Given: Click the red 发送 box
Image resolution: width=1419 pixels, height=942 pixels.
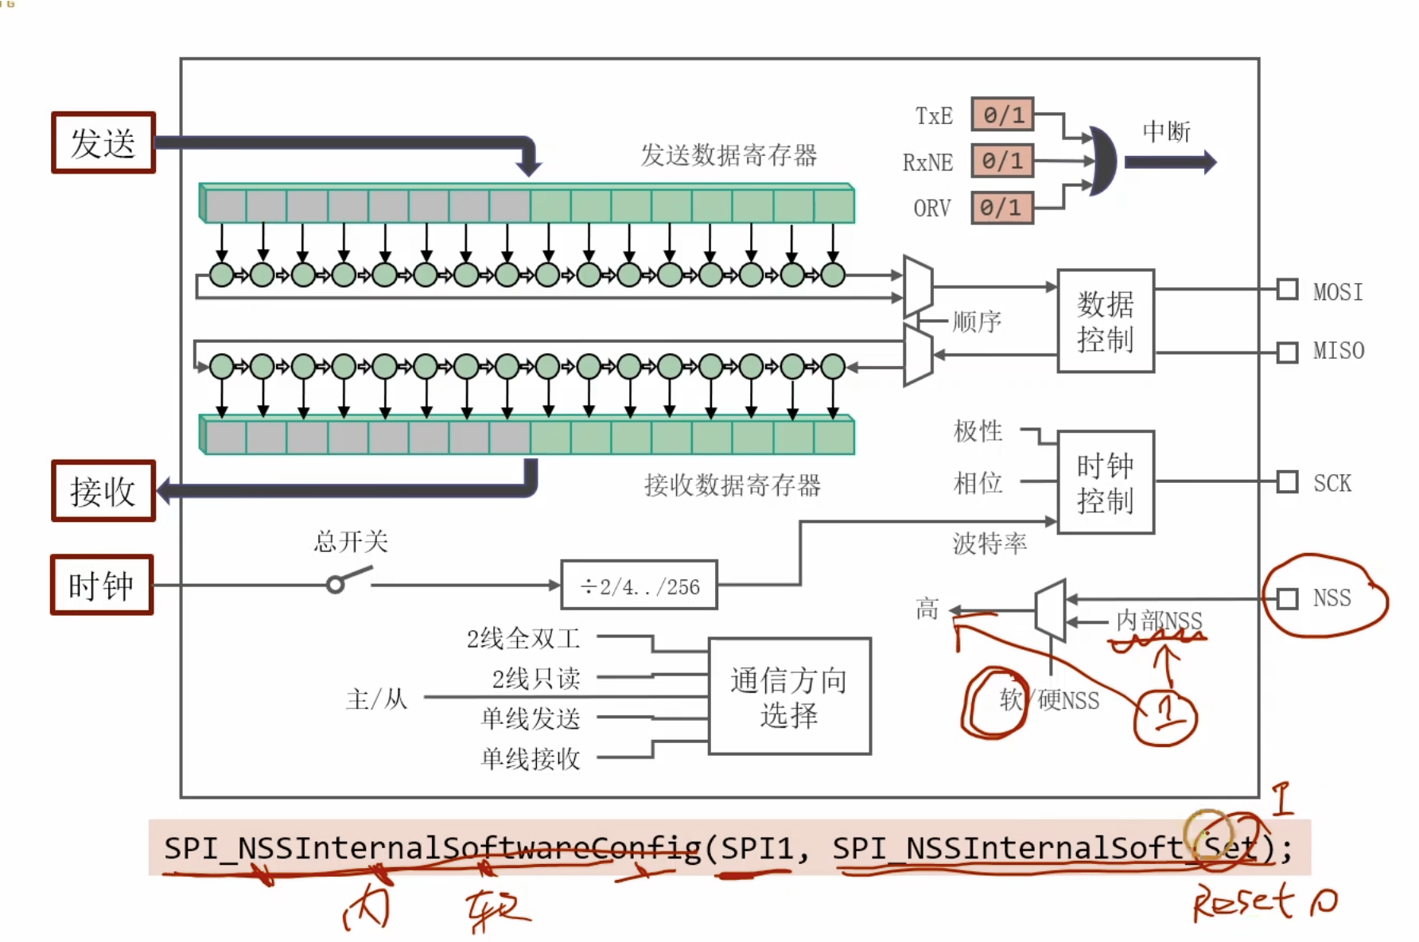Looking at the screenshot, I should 103,143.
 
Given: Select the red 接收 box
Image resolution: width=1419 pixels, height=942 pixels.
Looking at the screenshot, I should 103,491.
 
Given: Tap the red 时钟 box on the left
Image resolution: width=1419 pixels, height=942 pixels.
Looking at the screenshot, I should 102,586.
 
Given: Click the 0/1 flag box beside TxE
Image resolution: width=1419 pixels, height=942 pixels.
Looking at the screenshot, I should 1002,115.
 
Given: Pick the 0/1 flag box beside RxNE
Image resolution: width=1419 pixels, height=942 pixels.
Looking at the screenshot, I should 1002,161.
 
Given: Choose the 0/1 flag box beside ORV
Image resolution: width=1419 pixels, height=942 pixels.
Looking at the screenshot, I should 1002,208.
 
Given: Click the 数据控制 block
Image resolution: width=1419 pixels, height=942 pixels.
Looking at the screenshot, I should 1105,321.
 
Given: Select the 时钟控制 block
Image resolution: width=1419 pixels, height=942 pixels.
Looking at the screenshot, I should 1105,482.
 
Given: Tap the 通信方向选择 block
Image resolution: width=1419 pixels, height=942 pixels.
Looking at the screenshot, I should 789,696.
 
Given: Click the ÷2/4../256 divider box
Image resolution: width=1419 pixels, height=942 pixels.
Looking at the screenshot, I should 640,586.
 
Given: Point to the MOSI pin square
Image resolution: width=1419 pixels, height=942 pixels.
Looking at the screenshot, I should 1287,290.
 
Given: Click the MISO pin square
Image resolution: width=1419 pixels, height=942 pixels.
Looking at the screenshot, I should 1287,352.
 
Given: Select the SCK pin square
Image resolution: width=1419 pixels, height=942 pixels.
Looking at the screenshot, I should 1287,481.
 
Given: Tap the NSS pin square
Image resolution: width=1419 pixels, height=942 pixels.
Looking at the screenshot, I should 1287,598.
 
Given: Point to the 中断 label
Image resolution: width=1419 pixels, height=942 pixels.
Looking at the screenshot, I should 1166,131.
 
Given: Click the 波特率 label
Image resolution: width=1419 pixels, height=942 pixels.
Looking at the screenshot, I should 989,543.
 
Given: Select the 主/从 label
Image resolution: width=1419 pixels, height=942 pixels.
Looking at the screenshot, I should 376,699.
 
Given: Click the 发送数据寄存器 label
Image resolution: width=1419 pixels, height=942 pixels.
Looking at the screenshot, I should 729,155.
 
